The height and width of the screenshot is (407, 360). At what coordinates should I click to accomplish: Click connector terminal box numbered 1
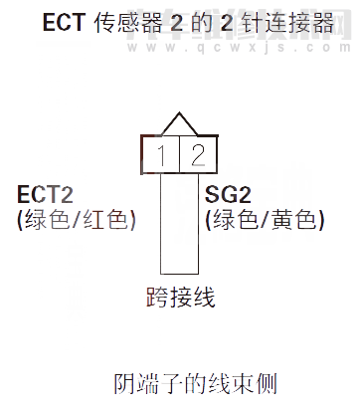[x=160, y=153]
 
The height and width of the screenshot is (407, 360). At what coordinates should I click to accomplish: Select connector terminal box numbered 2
[x=196, y=153]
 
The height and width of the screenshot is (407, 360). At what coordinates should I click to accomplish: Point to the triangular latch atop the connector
[x=178, y=125]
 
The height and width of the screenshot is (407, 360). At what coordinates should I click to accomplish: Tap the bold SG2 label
[x=227, y=195]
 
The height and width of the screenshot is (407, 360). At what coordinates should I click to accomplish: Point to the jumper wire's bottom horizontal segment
[x=179, y=273]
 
